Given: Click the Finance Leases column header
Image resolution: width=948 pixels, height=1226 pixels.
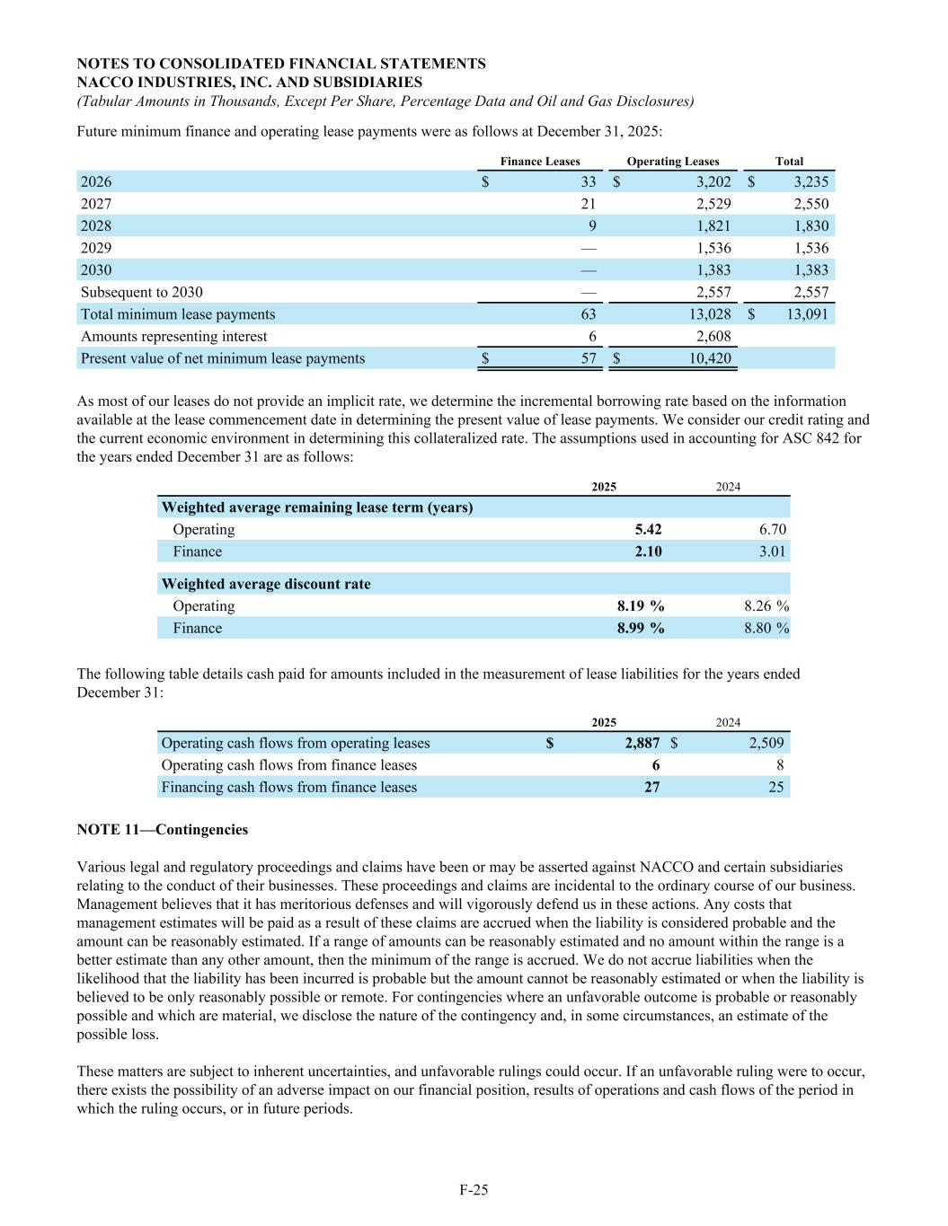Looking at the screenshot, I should pyautogui.click(x=540, y=162).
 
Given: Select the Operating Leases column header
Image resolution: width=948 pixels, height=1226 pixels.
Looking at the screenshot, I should pyautogui.click(x=673, y=162).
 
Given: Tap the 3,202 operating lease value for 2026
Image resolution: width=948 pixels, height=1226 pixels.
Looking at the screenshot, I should pyautogui.click(x=713, y=181).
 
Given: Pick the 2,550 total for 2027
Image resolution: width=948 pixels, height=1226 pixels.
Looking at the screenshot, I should pyautogui.click(x=811, y=204).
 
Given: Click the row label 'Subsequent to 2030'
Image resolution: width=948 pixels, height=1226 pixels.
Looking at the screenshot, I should pyautogui.click(x=142, y=292).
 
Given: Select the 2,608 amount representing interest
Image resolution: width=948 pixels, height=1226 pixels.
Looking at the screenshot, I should pyautogui.click(x=713, y=336).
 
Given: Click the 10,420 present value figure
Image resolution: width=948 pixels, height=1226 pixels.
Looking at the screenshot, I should pyautogui.click(x=709, y=358).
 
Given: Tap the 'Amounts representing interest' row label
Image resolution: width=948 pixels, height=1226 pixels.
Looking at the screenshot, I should pyautogui.click(x=174, y=336).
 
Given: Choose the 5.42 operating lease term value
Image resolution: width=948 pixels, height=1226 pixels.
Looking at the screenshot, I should pyautogui.click(x=648, y=529).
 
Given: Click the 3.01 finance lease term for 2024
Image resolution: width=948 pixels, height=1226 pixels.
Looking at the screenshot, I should pyautogui.click(x=772, y=551).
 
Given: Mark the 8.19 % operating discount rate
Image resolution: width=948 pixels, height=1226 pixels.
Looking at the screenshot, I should pyautogui.click(x=641, y=606).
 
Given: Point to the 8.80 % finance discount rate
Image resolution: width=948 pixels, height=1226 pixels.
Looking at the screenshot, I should pyautogui.click(x=766, y=628).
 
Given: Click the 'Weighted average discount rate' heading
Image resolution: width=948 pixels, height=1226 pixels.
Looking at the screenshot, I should pyautogui.click(x=266, y=584).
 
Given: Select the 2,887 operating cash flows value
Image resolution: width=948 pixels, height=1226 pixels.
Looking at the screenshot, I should pyautogui.click(x=642, y=743).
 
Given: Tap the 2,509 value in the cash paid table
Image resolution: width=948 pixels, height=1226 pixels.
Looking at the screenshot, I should pyautogui.click(x=766, y=743).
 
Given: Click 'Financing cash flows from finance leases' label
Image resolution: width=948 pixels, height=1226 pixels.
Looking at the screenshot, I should pyautogui.click(x=289, y=787).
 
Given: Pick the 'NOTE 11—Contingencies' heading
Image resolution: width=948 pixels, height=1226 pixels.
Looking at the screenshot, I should pyautogui.click(x=163, y=830).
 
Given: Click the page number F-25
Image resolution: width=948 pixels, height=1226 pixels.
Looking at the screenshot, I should pyautogui.click(x=474, y=1190).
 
